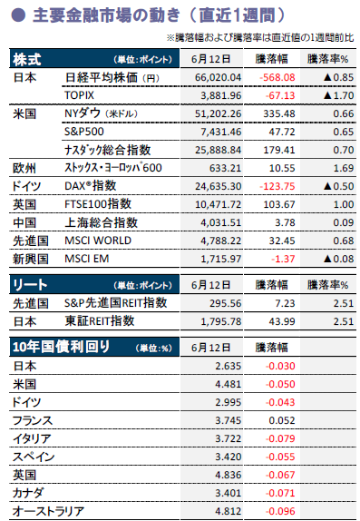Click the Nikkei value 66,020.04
[218, 77]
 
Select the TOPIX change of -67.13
[280, 95]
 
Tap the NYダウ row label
[101, 113]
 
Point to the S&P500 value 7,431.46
[221, 132]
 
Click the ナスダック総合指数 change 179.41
[279, 150]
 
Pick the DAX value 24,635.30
[218, 186]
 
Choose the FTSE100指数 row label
[98, 203]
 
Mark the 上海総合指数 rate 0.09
[344, 222]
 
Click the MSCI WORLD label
[98, 241]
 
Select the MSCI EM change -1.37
[283, 259]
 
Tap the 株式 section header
[27, 59]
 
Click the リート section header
[30, 285]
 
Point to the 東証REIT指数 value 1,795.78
[221, 321]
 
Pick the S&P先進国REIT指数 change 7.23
[285, 303]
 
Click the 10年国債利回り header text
[61, 347]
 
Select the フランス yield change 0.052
[282, 420]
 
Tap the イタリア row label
[32, 438]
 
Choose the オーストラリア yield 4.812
[228, 511]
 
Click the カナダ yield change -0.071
[280, 493]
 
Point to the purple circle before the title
[18, 15]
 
